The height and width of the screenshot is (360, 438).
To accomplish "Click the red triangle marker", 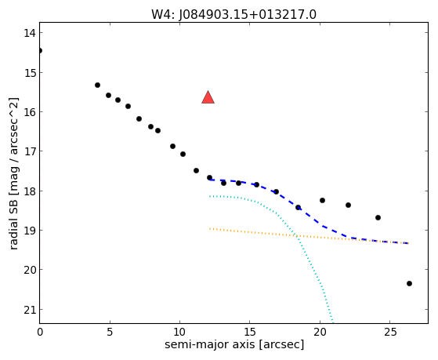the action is (208, 97).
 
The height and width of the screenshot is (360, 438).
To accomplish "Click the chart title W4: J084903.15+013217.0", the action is (233, 15).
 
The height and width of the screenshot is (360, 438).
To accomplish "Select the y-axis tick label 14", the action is (29, 33).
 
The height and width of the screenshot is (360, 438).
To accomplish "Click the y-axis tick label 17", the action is (29, 151).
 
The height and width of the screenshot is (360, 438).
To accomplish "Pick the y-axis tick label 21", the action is (29, 310).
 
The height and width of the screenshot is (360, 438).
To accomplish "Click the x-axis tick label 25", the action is (390, 332).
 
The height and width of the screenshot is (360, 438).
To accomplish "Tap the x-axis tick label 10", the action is (180, 332).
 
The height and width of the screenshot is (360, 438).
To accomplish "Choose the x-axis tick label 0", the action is (40, 332).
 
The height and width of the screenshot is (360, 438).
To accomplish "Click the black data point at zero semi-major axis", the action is (40, 51).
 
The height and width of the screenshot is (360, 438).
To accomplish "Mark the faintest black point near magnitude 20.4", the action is (409, 284).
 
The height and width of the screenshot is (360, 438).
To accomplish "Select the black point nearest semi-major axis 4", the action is (97, 85).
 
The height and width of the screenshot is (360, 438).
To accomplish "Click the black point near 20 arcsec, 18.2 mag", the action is (322, 200).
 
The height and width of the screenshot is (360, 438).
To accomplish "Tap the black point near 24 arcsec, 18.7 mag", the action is (378, 217).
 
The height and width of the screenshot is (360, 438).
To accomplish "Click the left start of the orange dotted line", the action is (210, 228).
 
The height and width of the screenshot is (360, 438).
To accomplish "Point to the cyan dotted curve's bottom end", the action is (332, 322).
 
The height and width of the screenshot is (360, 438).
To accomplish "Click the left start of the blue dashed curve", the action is (209, 180).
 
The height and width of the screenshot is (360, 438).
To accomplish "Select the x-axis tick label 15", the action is (250, 332).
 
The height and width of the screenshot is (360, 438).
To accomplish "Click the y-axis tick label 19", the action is (29, 231).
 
